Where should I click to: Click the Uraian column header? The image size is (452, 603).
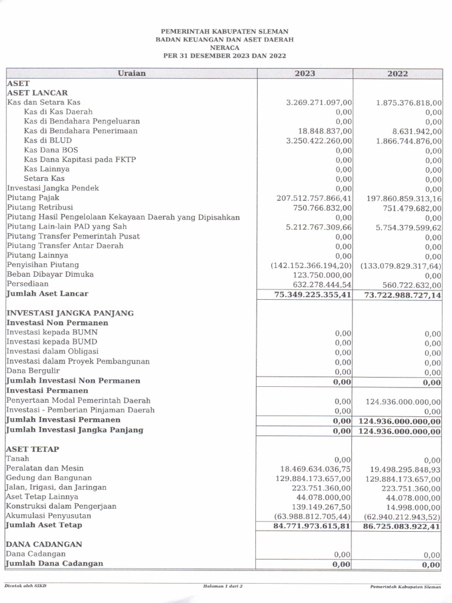pyautogui.click(x=131, y=74)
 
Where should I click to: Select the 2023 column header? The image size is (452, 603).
pyautogui.click(x=305, y=74)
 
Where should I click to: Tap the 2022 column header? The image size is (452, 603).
pyautogui.click(x=397, y=74)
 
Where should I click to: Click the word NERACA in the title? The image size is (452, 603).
pyautogui.click(x=225, y=48)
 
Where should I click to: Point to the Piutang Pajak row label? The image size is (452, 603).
pyautogui.click(x=33, y=198)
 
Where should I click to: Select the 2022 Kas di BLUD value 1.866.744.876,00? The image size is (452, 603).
pyautogui.click(x=408, y=141)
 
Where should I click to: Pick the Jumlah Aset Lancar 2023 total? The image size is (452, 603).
pyautogui.click(x=313, y=294)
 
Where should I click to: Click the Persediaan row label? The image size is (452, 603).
pyautogui.click(x=27, y=284)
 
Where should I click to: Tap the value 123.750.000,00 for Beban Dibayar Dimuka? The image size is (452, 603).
pyautogui.click(x=323, y=274)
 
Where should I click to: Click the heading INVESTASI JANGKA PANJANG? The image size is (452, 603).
pyautogui.click(x=70, y=313)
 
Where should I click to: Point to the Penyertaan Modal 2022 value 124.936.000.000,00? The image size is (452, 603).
pyautogui.click(x=403, y=401)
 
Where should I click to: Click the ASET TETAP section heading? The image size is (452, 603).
pyautogui.click(x=33, y=449)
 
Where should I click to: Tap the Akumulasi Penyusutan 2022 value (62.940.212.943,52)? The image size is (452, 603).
pyautogui.click(x=402, y=516)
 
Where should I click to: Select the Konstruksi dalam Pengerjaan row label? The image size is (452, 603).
pyautogui.click(x=61, y=506)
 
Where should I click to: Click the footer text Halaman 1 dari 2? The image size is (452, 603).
pyautogui.click(x=222, y=587)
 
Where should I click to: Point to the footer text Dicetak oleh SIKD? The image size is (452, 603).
pyautogui.click(x=25, y=586)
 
